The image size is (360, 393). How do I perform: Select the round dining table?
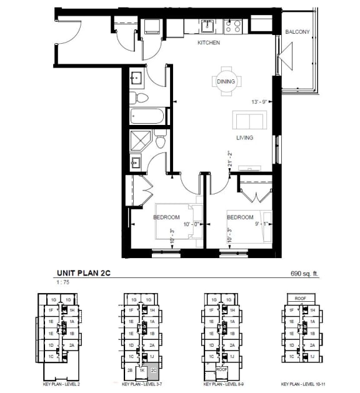pyautogui.click(x=226, y=81)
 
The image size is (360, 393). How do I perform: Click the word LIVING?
pyautogui.click(x=244, y=137)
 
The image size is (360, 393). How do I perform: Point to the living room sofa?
pyautogui.click(x=249, y=119)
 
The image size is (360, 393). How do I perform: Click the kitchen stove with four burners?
pyautogui.click(x=233, y=26)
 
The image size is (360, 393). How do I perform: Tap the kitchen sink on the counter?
pyautogui.click(x=207, y=26)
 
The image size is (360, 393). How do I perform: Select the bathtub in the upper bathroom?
pyautogui.click(x=147, y=117)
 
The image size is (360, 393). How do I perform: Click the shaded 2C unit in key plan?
pyautogui.click(x=154, y=370)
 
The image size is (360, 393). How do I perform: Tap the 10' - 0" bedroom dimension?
pyautogui.click(x=190, y=224)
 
